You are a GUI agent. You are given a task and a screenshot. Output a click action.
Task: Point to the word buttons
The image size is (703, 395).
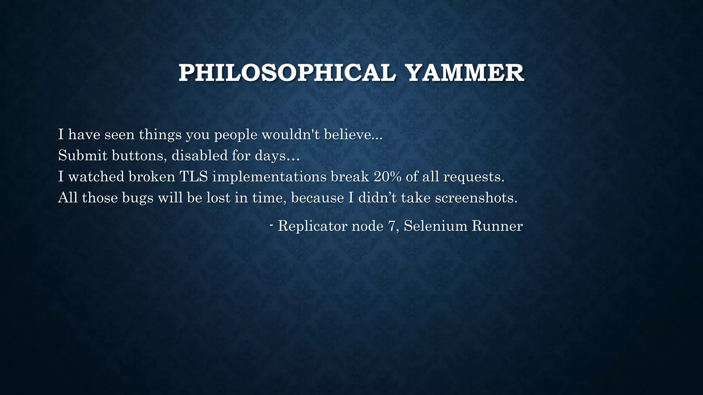pyautogui.click(x=139, y=156)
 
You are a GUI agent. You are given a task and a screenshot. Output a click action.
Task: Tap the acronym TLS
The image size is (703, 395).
pyautogui.click(x=194, y=177)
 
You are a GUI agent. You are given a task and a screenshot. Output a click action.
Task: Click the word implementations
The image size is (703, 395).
pyautogui.click(x=269, y=177)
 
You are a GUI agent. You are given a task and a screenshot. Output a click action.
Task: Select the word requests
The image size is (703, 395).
pyautogui.click(x=474, y=177)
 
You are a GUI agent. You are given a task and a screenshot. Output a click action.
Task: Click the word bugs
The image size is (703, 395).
pyautogui.click(x=138, y=198)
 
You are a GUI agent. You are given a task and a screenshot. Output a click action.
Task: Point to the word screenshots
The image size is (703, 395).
pyautogui.click(x=476, y=198)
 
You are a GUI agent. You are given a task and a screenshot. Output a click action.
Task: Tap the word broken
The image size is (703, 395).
pyautogui.click(x=152, y=177)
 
